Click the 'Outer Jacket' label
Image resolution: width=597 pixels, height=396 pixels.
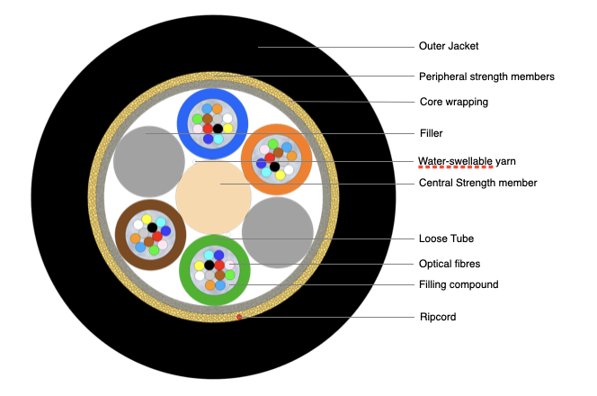[448, 45]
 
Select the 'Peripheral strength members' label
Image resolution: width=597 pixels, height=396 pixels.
[486, 76]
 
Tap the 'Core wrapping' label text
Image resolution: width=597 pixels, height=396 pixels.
[453, 102]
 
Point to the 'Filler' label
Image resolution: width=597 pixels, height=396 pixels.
[431, 133]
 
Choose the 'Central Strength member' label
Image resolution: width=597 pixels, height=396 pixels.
[477, 183]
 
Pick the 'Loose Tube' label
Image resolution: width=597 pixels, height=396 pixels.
[446, 238]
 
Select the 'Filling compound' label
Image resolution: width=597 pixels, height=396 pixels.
[459, 284]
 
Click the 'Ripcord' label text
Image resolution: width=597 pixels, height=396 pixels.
[437, 317]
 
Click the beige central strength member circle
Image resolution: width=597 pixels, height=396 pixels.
[214, 195]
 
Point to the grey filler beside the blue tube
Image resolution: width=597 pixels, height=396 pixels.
[146, 159]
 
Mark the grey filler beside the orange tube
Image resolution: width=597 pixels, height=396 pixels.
[278, 232]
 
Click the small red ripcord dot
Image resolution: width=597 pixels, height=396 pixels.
[238, 317]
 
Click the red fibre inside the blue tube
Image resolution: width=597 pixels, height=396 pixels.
[208, 129]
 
